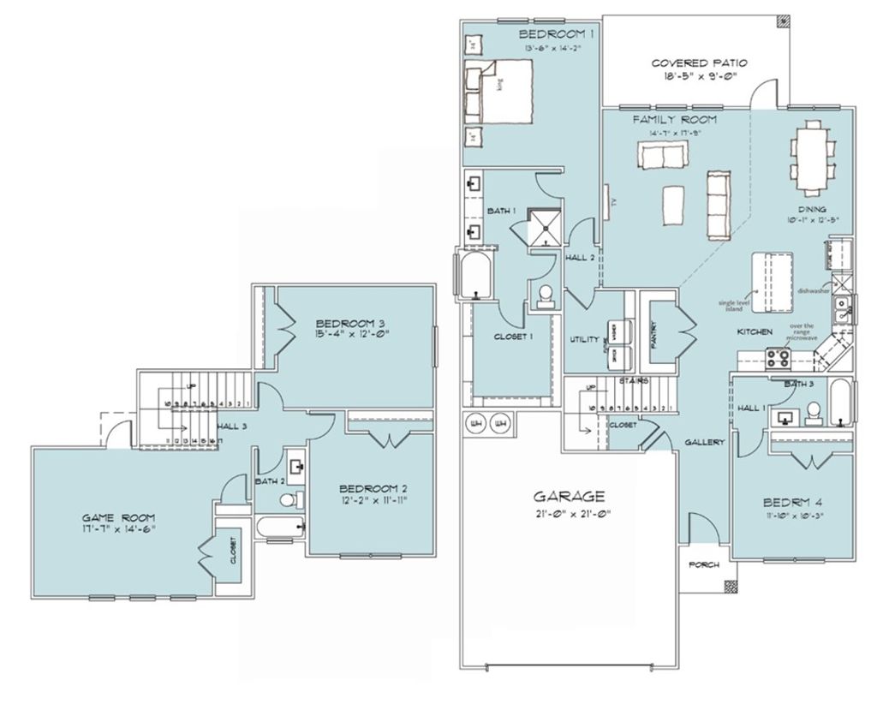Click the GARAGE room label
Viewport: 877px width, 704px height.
570,496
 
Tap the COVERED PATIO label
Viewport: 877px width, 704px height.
700,63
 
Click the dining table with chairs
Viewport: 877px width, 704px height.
813,157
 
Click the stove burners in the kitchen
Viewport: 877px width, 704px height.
780,358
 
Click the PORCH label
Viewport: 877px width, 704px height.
704,565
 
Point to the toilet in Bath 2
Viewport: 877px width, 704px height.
291,498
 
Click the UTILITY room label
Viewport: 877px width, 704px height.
585,340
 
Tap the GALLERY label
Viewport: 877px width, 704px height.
705,442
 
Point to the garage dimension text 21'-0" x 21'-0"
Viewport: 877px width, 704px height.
570,514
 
